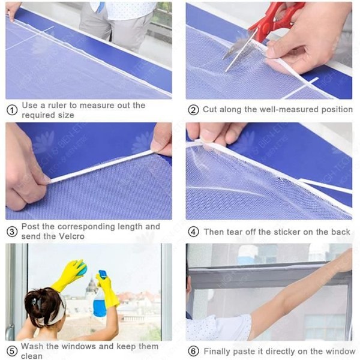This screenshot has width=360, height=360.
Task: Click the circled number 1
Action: pos(12,110)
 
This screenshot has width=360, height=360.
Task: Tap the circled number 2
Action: pos(193,110)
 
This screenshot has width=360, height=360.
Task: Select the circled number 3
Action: pos(12,232)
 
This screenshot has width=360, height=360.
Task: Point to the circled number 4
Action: pos(193,232)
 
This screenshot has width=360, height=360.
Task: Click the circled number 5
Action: pos(12,351)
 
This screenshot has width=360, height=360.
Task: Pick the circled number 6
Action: pos(193,351)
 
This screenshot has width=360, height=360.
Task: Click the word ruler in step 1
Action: pos(57,106)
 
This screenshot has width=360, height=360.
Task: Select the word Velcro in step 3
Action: pos(71,236)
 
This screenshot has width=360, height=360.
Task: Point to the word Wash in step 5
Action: pos(32,346)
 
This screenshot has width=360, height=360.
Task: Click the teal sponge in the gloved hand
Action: pos(82,269)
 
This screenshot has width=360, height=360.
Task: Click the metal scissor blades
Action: pos(239,50)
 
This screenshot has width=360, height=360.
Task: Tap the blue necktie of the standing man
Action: pos(100,8)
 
